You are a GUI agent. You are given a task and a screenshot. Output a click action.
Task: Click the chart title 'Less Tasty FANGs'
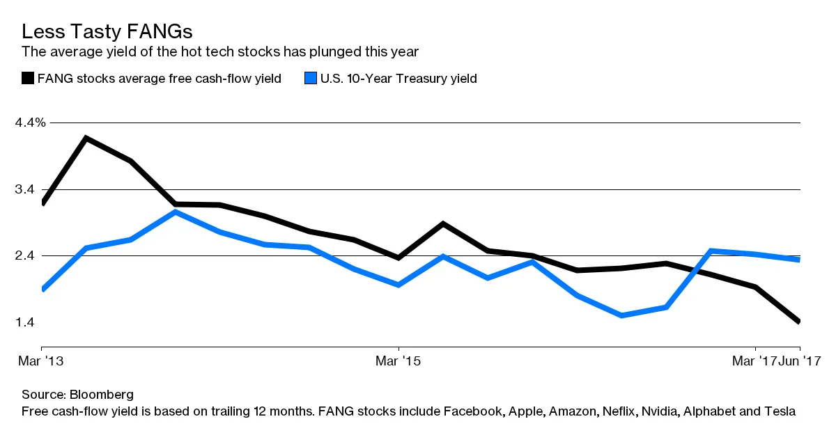107,31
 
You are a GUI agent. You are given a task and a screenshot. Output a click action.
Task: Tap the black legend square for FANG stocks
28,79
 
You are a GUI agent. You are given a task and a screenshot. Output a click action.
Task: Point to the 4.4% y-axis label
30,123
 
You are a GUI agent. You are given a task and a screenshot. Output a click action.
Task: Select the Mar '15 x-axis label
398,361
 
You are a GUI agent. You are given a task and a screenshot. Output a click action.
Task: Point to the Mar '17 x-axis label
754,361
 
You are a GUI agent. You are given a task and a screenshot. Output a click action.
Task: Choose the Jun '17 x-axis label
800,361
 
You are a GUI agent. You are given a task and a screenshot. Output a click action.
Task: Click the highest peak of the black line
86,138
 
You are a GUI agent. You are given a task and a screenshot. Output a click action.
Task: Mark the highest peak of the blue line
176,212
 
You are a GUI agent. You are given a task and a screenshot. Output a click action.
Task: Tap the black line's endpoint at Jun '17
798,322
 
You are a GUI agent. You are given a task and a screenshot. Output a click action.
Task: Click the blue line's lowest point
621,315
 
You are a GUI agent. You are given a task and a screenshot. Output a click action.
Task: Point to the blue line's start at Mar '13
43,289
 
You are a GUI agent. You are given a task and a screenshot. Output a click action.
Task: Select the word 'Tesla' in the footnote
778,411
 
